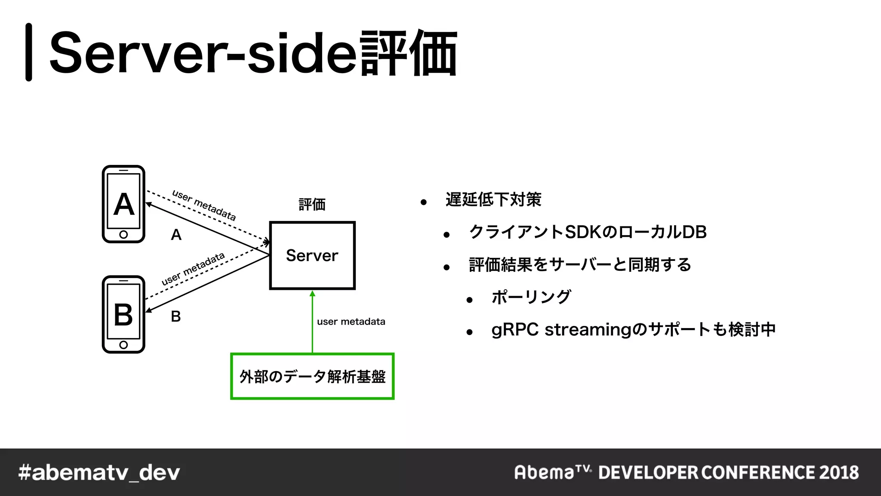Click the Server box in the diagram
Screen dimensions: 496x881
point(312,255)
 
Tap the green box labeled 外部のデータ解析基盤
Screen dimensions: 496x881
point(312,377)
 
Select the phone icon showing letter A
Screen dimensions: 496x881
point(123,204)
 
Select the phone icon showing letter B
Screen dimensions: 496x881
point(123,314)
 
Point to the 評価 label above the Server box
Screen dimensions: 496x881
point(312,204)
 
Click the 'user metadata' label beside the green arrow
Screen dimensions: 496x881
point(351,322)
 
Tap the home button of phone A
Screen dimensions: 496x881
point(123,235)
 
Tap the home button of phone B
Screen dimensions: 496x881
point(123,345)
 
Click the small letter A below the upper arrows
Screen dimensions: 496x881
point(176,235)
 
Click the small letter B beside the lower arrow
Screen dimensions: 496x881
point(176,316)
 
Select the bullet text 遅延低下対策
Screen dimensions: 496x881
point(493,200)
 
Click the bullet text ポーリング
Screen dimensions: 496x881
point(531,297)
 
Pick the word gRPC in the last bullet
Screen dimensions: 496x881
point(515,330)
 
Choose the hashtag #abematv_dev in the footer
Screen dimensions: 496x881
point(99,473)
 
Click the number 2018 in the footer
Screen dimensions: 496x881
point(839,473)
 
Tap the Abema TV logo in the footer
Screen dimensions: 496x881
point(553,472)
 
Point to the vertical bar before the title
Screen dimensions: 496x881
point(29,52)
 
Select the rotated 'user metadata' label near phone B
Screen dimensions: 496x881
point(193,269)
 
